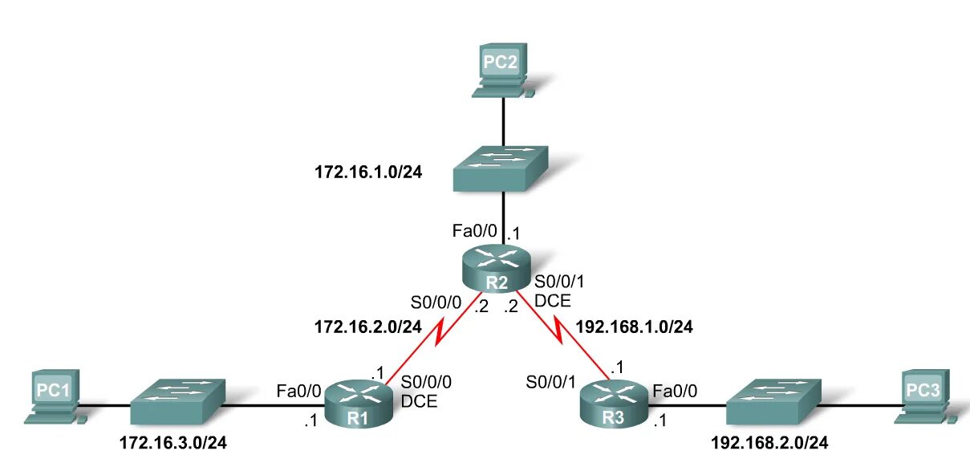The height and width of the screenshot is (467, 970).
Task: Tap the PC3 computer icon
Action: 923,396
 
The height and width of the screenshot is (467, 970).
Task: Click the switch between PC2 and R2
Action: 500,168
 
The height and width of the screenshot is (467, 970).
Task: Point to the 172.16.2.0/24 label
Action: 367,326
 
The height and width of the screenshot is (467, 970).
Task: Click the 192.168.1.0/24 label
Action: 635,327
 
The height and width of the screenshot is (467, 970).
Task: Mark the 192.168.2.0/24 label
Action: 769,442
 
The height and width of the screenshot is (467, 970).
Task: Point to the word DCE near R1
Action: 419,402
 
